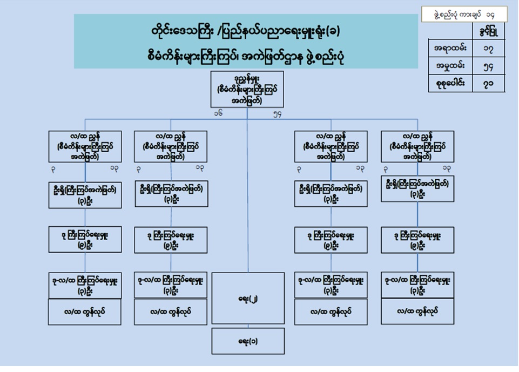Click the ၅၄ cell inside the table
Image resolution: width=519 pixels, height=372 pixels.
[x=489, y=67]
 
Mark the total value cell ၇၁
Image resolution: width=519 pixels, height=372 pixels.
[x=489, y=84]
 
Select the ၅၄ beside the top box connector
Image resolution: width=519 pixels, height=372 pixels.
[x=278, y=113]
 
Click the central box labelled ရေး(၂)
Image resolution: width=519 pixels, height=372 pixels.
[x=248, y=298]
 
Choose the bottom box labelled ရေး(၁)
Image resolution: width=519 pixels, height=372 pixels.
[x=248, y=341]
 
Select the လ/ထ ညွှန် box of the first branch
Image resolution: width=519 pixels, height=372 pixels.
[x=85, y=146]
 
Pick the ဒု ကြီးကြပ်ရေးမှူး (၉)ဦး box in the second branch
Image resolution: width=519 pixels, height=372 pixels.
[x=171, y=239]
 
